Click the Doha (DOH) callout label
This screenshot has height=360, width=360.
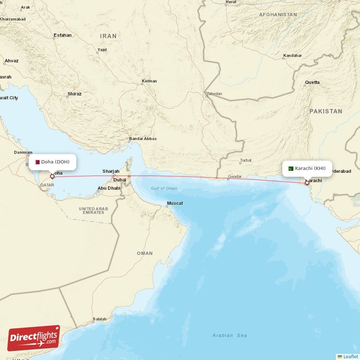[x=52, y=162]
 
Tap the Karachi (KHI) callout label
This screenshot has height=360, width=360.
[x=307, y=168]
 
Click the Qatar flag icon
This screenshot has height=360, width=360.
[x=38, y=162]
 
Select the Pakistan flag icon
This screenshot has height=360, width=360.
[x=291, y=168]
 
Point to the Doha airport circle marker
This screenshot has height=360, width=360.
[x=52, y=176]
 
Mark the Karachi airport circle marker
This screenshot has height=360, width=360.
[x=307, y=183]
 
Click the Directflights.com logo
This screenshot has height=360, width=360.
[x=34, y=338]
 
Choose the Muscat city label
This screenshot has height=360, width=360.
[x=175, y=203]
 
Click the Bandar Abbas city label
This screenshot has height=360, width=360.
[x=143, y=139]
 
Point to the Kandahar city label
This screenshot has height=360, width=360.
[x=292, y=56]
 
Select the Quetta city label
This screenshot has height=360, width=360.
[x=312, y=82]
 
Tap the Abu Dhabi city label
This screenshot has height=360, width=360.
[x=109, y=188]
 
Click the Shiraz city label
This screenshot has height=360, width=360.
[x=74, y=94]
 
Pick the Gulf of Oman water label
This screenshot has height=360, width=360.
[x=164, y=188]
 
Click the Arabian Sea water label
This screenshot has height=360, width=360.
[x=229, y=335]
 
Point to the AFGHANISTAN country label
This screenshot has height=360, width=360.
[x=278, y=15]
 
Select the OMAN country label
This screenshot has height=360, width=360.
[x=144, y=253]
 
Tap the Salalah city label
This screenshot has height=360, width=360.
[x=99, y=319]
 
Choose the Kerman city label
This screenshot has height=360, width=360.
[x=149, y=81]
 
